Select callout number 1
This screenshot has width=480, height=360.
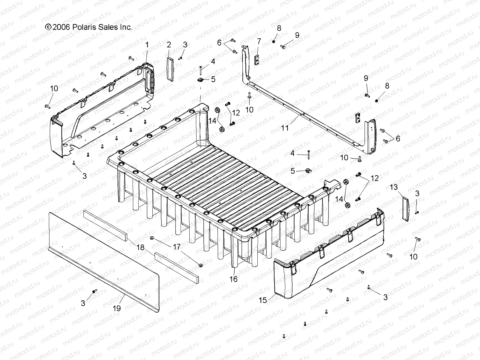tap(147, 45)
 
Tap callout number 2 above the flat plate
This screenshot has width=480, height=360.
tap(169, 45)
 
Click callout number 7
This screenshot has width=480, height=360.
tap(259, 41)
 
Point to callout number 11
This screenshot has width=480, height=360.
tap(285, 128)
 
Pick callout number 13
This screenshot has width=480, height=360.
tap(394, 187)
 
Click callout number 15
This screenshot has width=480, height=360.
tap(263, 300)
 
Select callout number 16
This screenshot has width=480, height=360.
tap(233, 279)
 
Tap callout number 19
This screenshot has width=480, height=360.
tap(117, 308)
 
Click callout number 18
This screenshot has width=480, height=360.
tap(140, 247)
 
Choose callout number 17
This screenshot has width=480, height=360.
tap(177, 247)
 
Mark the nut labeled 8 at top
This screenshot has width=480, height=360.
tap(274, 41)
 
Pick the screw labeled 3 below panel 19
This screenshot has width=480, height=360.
tap(95, 291)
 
